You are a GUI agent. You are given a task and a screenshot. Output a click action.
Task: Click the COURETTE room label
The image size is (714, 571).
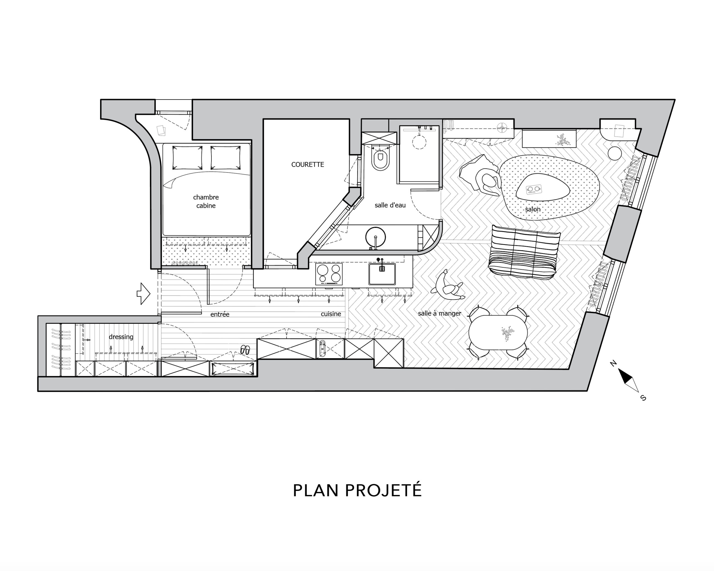pos(307,164)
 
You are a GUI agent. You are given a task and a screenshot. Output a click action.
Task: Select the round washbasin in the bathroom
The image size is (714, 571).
pos(375,237)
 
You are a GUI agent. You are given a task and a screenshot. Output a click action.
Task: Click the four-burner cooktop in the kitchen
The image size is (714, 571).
pos(329,274)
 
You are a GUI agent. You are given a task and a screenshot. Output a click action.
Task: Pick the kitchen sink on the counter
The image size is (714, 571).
pos(382,274)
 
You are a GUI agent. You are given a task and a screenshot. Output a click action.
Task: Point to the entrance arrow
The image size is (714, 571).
pos(143,293)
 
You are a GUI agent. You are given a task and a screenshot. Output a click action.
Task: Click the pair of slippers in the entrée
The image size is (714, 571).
pos(245,350)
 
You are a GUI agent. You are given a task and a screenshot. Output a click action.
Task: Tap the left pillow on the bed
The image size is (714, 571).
pos(187,157)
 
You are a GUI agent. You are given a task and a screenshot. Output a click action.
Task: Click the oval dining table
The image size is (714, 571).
pos(498,332)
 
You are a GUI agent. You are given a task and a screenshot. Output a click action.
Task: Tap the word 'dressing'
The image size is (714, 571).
pos(121,337)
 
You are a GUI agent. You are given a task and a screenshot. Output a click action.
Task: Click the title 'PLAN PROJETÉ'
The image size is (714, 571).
pos(357,491)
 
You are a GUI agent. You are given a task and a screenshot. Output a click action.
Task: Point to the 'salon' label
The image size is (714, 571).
pos(532,209)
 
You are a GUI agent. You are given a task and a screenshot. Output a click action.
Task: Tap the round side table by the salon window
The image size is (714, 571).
pos(615,154)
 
